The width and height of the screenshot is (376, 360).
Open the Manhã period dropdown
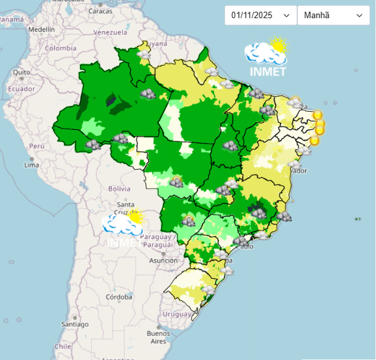pyautogui.click(x=333, y=16)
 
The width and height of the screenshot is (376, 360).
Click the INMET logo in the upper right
pyautogui.click(x=267, y=57)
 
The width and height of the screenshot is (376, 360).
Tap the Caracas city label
pyautogui.click(x=100, y=12)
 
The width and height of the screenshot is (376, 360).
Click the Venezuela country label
pyautogui.click(x=109, y=32)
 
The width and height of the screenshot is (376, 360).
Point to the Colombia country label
pyautogui.click(x=60, y=49)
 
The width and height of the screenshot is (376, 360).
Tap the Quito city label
pyautogui.click(x=21, y=72)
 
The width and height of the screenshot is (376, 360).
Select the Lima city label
pyautogui.click(x=31, y=165)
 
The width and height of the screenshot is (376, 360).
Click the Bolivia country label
pyautogui.click(x=120, y=188)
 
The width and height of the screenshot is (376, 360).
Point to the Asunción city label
pyautogui.click(x=163, y=261)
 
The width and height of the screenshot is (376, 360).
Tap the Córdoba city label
pyautogui.click(x=119, y=297)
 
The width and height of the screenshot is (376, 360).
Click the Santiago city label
pyautogui.click(x=75, y=324)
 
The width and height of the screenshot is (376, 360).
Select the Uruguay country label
pyautogui.click(x=177, y=314)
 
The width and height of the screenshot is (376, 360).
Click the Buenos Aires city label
pyautogui.click(x=157, y=337)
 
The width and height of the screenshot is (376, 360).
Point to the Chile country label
pyautogui.click(x=62, y=346)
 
